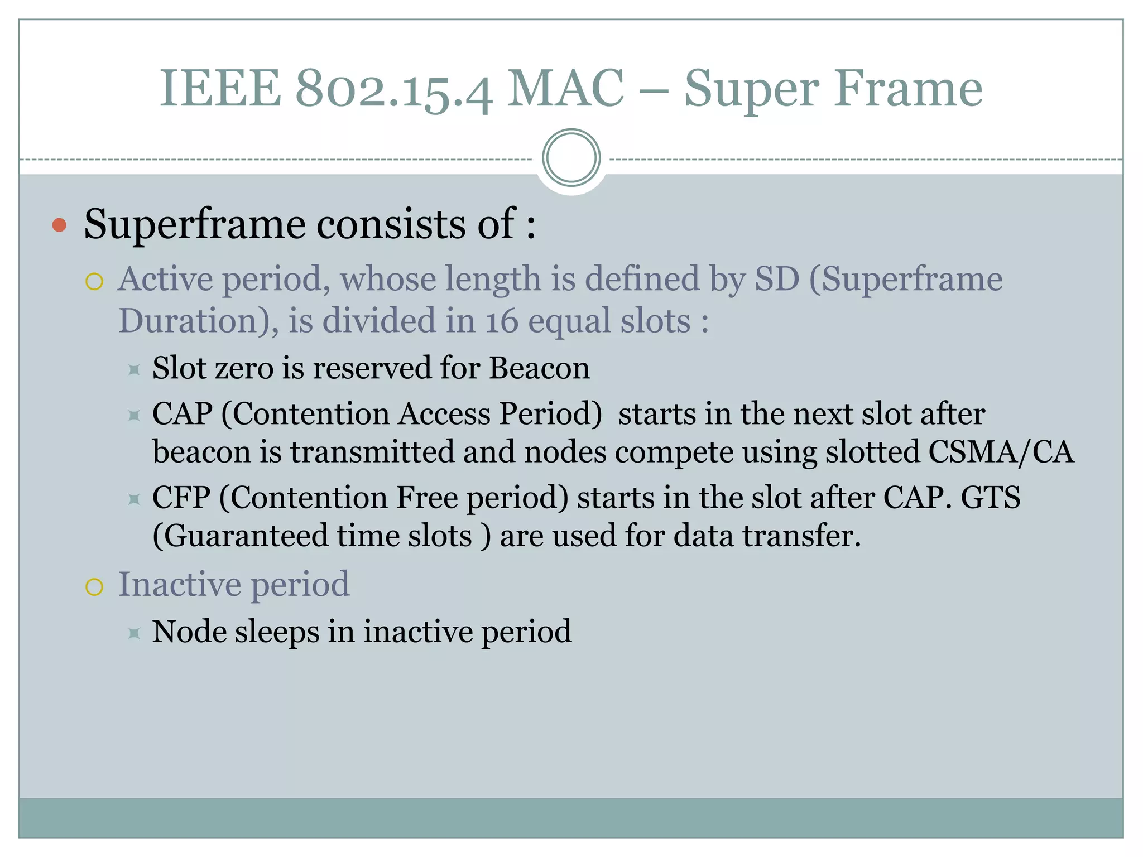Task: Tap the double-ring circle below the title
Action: tap(571, 158)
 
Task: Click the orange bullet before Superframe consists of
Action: tap(59, 225)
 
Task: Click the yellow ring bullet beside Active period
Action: tap(94, 282)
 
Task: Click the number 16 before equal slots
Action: tap(502, 322)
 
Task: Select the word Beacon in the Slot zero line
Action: tap(539, 368)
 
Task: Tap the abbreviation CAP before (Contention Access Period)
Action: tap(183, 414)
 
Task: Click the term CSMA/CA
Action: tap(1001, 452)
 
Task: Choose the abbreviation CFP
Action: tap(181, 498)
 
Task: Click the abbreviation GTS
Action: tap(990, 498)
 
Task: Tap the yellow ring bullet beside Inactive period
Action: tap(94, 587)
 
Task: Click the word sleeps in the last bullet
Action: tap(276, 632)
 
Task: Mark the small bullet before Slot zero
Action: tap(134, 370)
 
